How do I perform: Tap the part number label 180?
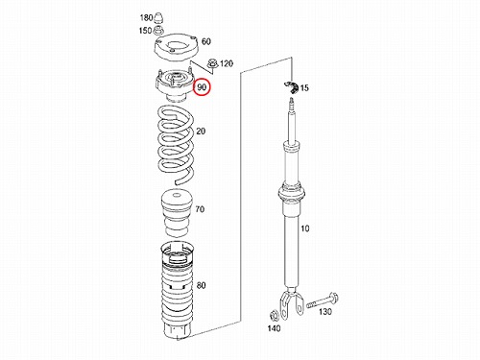[146, 17]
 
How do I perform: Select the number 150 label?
[145, 31]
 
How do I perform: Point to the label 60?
[206, 41]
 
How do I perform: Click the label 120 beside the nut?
[227, 63]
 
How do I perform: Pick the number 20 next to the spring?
[201, 132]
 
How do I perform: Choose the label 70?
[200, 209]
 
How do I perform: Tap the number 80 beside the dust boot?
[201, 285]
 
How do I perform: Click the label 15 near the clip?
[304, 88]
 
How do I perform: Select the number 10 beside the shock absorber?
[305, 228]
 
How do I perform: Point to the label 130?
[325, 311]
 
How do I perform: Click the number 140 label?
[274, 328]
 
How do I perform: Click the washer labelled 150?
[158, 31]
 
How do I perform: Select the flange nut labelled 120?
[212, 63]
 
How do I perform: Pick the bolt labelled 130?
[323, 300]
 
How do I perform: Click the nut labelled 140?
[275, 316]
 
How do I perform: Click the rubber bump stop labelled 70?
[177, 214]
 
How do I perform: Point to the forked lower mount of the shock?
[292, 304]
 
